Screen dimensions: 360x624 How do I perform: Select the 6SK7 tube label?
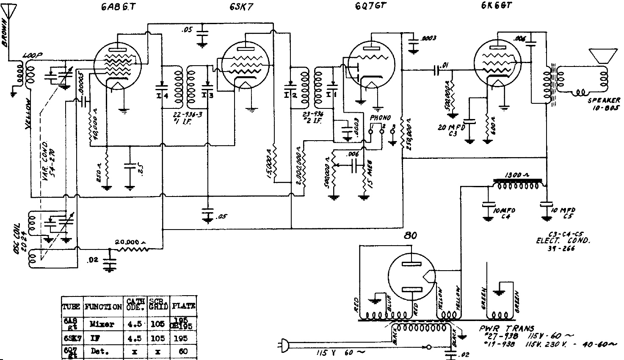(242, 8)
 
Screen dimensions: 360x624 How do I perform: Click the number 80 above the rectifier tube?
(410, 236)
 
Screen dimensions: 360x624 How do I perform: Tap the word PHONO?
(380, 117)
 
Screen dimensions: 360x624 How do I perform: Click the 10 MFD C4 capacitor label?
(505, 213)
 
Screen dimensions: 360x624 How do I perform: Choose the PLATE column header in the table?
(183, 305)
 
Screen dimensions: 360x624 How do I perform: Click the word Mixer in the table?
(102, 324)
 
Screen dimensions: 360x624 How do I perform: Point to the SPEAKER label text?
(604, 100)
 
